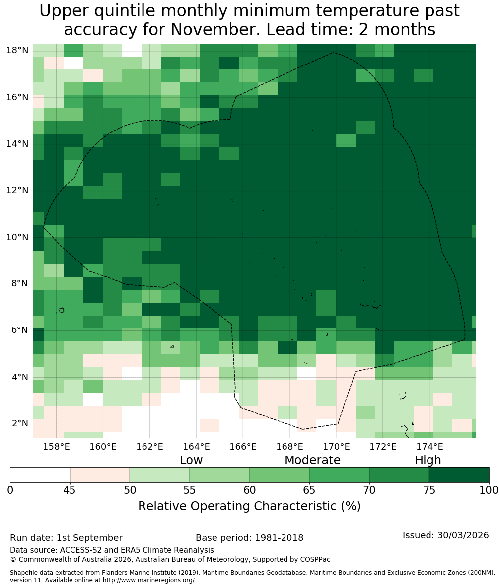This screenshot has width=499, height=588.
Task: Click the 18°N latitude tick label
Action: tap(17, 50)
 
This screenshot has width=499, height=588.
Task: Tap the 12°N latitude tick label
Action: tap(17, 190)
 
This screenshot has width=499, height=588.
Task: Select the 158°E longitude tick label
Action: tap(56, 446)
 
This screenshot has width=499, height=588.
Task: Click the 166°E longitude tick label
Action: tap(243, 446)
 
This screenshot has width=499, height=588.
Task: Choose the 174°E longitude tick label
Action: tap(429, 446)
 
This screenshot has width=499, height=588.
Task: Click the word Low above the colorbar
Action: tap(191, 460)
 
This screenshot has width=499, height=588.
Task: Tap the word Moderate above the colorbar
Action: tap(312, 460)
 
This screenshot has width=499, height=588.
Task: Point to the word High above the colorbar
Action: tap(428, 460)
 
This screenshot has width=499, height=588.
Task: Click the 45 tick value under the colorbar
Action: tap(70, 490)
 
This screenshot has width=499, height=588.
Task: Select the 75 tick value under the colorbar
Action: tap(429, 490)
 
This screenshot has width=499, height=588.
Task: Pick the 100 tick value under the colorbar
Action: tap(489, 490)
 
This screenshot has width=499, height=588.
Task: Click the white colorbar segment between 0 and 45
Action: tap(40, 475)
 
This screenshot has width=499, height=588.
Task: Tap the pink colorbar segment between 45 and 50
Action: tap(100, 475)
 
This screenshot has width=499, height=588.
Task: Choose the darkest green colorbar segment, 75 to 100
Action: tap(459, 475)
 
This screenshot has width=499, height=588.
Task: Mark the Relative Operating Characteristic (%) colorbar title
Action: tap(249, 506)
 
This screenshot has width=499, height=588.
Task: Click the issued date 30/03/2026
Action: tap(463, 535)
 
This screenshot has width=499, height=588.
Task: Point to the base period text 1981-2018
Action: tap(279, 538)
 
